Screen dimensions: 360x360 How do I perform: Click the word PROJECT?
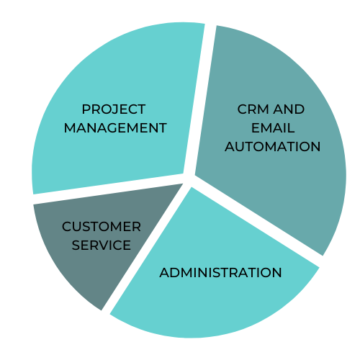coord(114,109)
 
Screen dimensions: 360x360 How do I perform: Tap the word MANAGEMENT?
coord(115,127)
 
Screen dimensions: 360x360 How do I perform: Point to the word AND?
coord(289,109)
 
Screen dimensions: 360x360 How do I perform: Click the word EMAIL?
coord(273,127)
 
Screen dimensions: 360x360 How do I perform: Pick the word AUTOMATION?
coord(273,146)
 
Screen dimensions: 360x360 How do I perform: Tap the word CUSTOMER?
coord(102,227)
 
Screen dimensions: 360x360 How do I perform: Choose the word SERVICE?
coord(102,245)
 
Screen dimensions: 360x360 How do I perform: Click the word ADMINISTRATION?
coord(220,273)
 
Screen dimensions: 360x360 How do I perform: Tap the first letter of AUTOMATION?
coord(230,146)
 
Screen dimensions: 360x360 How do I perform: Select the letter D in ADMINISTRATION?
coord(176,273)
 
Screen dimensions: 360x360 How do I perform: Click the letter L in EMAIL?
coord(291,127)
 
